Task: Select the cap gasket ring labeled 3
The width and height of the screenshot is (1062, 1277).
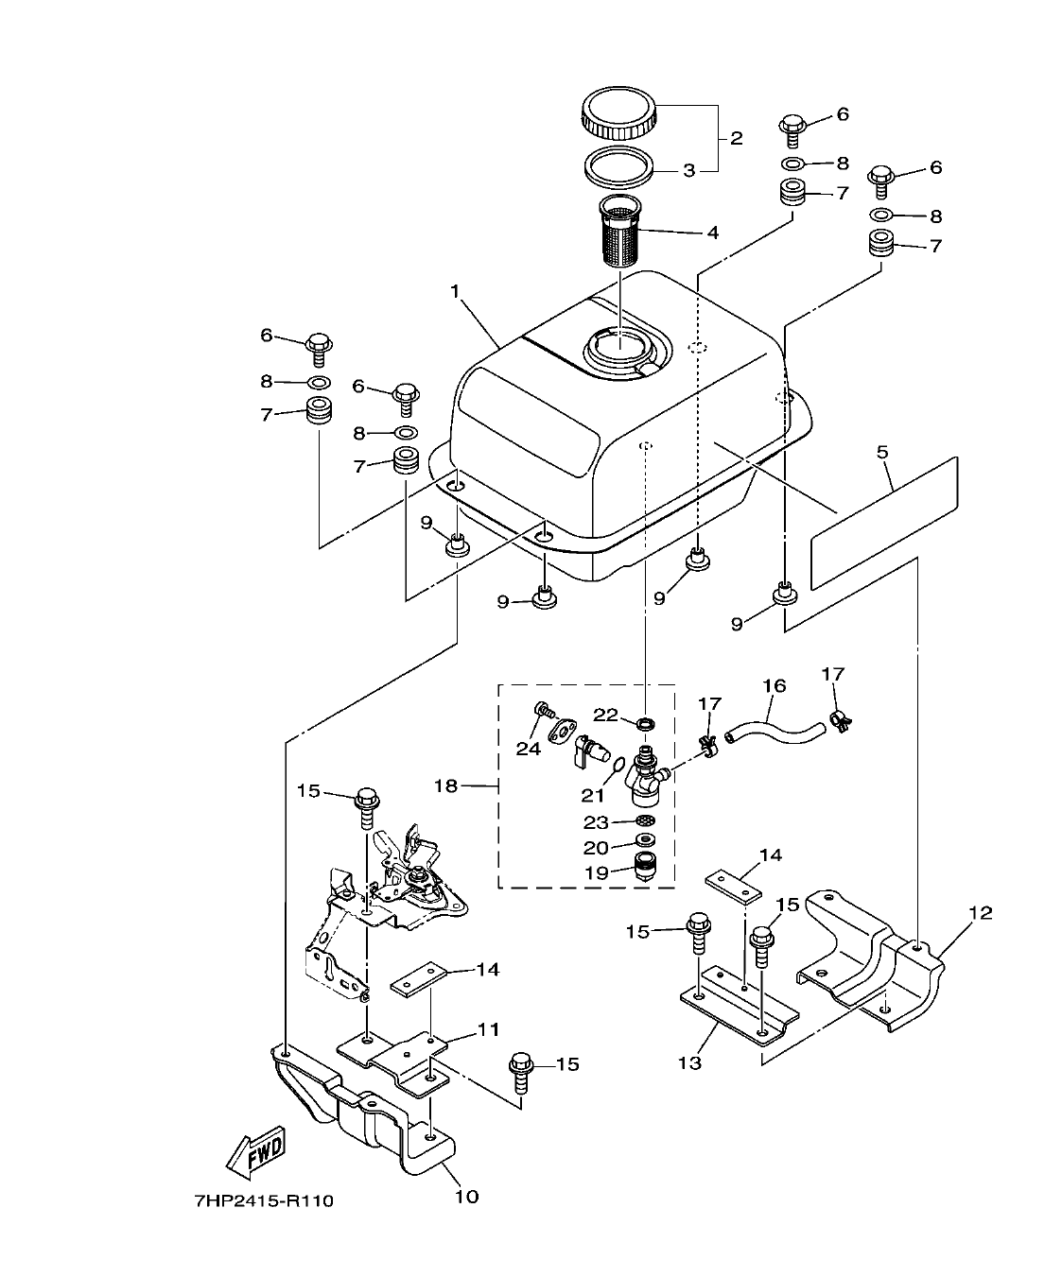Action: click(x=619, y=165)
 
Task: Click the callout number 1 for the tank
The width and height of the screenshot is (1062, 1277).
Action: click(x=456, y=292)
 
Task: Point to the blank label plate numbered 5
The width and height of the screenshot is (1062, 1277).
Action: click(x=884, y=522)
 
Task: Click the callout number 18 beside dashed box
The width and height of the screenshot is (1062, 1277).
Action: click(x=446, y=785)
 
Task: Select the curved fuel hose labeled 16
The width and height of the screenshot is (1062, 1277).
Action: click(x=775, y=728)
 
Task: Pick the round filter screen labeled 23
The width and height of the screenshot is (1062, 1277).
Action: click(x=646, y=821)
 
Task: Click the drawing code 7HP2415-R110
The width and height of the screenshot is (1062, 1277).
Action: click(x=263, y=1202)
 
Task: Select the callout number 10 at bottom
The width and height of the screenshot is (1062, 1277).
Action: click(x=467, y=1197)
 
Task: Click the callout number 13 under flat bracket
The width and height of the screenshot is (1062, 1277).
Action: click(x=690, y=1062)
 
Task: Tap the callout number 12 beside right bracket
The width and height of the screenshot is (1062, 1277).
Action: click(x=980, y=912)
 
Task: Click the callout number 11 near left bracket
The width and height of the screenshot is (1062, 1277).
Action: click(x=488, y=1028)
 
